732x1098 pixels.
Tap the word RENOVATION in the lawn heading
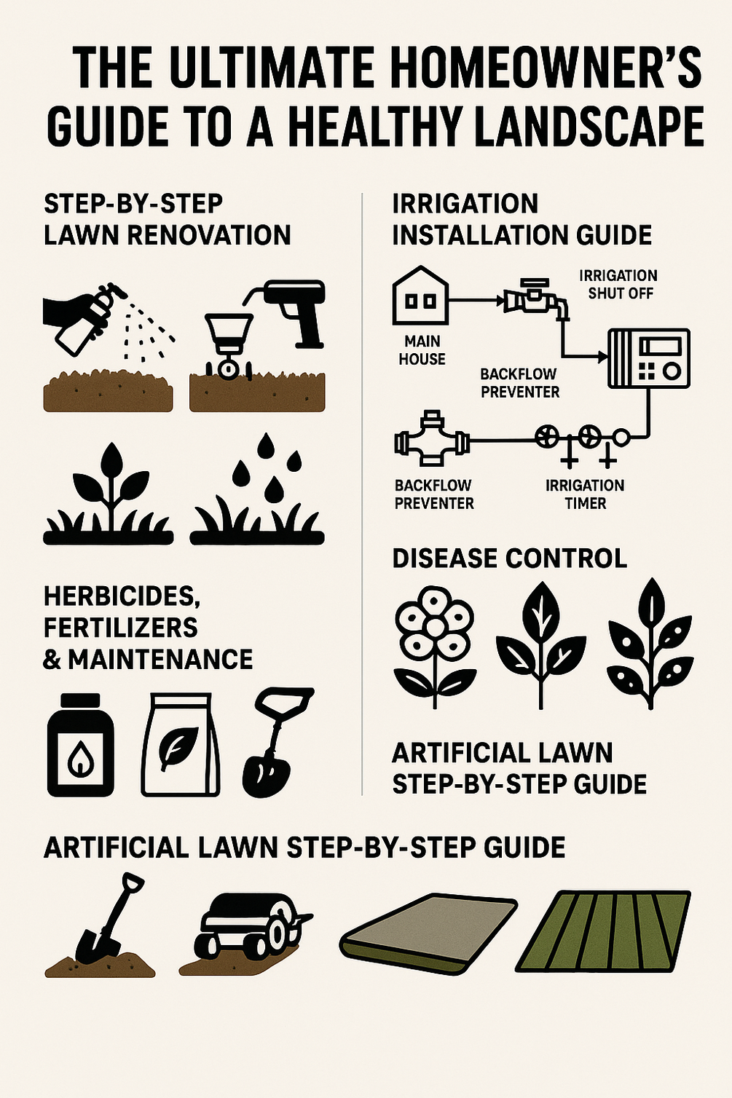(208, 235)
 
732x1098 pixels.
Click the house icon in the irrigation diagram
(420, 296)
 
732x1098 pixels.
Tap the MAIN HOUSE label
(422, 350)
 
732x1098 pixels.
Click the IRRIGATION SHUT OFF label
(618, 285)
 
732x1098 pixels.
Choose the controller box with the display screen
(648, 358)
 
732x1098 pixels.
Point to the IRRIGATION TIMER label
(585, 494)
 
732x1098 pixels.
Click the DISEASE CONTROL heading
(509, 558)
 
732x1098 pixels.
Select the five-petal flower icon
(435, 641)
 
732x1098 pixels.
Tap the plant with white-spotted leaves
(650, 641)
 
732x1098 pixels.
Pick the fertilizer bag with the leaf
(180, 744)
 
